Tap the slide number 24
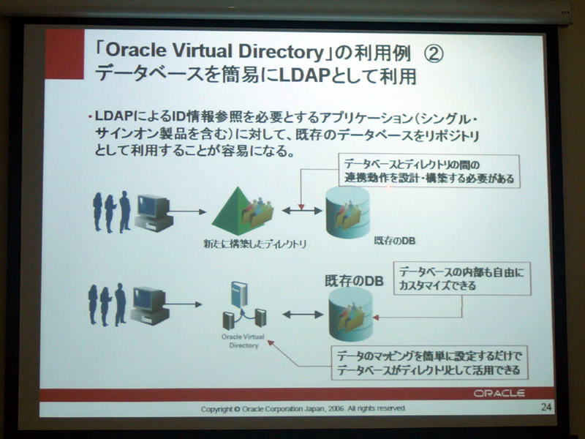546,407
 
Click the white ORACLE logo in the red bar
499,393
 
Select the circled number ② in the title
434,53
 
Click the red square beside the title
64,54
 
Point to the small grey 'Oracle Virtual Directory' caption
243,341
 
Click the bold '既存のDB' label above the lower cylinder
354,281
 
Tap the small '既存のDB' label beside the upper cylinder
394,241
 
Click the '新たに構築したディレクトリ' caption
254,244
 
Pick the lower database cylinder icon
351,315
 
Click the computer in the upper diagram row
154,213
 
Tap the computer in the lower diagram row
149,306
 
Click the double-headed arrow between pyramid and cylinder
301,211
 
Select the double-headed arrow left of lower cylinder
303,315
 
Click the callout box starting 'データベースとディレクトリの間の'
429,171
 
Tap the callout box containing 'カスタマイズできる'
462,279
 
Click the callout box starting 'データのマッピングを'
429,363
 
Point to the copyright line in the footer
303,408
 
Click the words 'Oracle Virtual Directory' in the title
214,51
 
